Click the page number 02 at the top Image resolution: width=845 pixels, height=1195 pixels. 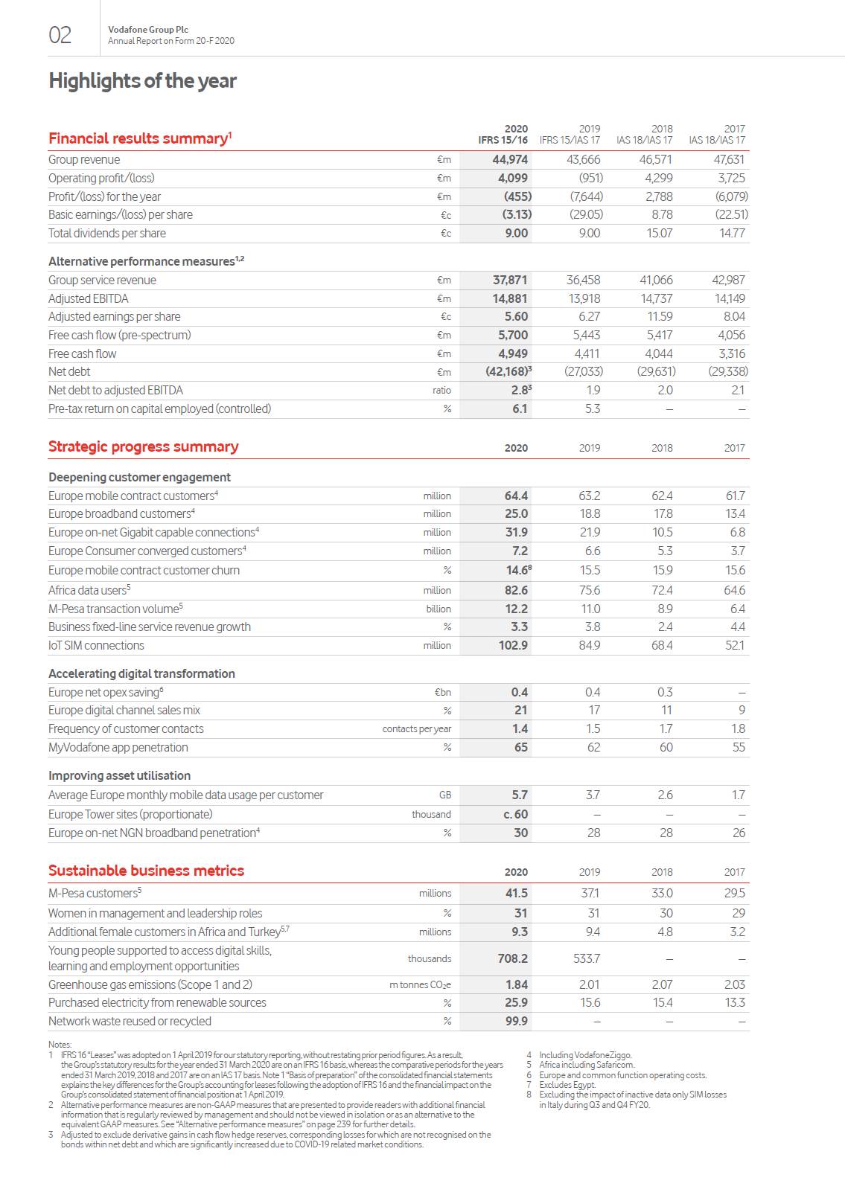[60, 35]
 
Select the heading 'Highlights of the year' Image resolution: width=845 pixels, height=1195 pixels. [142, 81]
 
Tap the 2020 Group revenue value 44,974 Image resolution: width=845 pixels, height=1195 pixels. [510, 159]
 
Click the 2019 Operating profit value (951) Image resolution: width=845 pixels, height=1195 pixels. [590, 178]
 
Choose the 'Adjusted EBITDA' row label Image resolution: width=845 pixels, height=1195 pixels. [88, 298]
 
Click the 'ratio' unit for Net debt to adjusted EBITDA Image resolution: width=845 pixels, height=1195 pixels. [441, 391]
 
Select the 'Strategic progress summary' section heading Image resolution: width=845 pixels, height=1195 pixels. [143, 446]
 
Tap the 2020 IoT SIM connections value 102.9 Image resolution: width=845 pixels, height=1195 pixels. [513, 645]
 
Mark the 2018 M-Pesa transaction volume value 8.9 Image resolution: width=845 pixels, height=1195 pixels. [665, 609]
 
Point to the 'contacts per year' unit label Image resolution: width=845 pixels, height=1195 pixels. [416, 729]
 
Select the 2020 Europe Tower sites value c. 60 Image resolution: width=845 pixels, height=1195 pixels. [515, 814]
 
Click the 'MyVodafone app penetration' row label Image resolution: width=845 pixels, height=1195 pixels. [118, 747]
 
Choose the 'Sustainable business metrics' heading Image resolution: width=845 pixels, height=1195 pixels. [146, 871]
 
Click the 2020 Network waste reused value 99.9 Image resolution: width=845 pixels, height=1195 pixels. [516, 1021]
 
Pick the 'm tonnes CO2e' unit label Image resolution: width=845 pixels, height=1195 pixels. [420, 985]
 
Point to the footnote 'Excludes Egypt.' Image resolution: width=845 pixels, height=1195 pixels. [567, 1085]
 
